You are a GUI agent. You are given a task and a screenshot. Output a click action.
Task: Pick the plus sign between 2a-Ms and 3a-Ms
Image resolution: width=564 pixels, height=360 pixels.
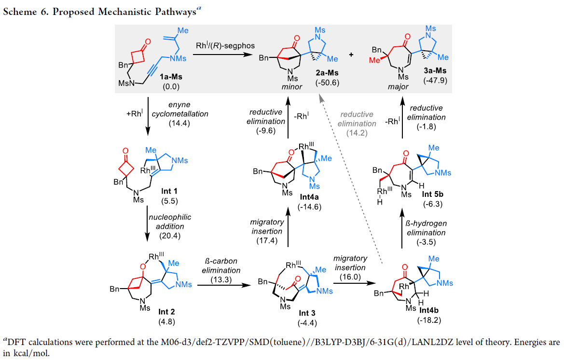pyautogui.click(x=351, y=55)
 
